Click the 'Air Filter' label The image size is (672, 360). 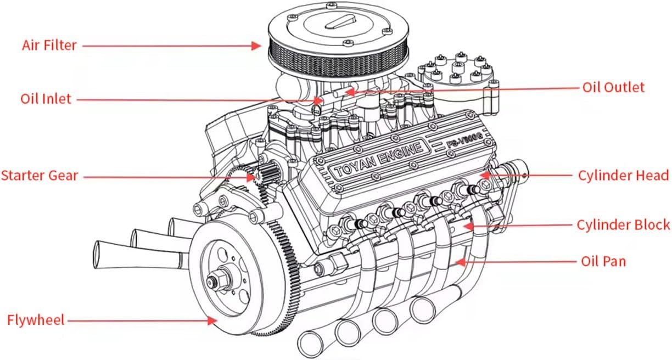coord(49,45)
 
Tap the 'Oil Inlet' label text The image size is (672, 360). coord(46,99)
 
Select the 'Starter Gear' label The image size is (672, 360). coord(40,176)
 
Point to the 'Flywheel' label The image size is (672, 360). coord(36,319)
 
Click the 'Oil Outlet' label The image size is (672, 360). coord(613,87)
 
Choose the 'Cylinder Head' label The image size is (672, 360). coord(623,176)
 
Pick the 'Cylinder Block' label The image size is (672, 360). coord(623,224)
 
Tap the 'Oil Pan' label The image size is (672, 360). coord(603,261)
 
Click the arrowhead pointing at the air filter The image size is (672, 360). coord(256,46)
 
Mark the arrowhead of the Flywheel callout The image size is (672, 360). coord(212,320)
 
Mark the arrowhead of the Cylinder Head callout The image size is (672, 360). coord(484,176)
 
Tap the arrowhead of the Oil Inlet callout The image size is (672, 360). coord(320,100)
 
